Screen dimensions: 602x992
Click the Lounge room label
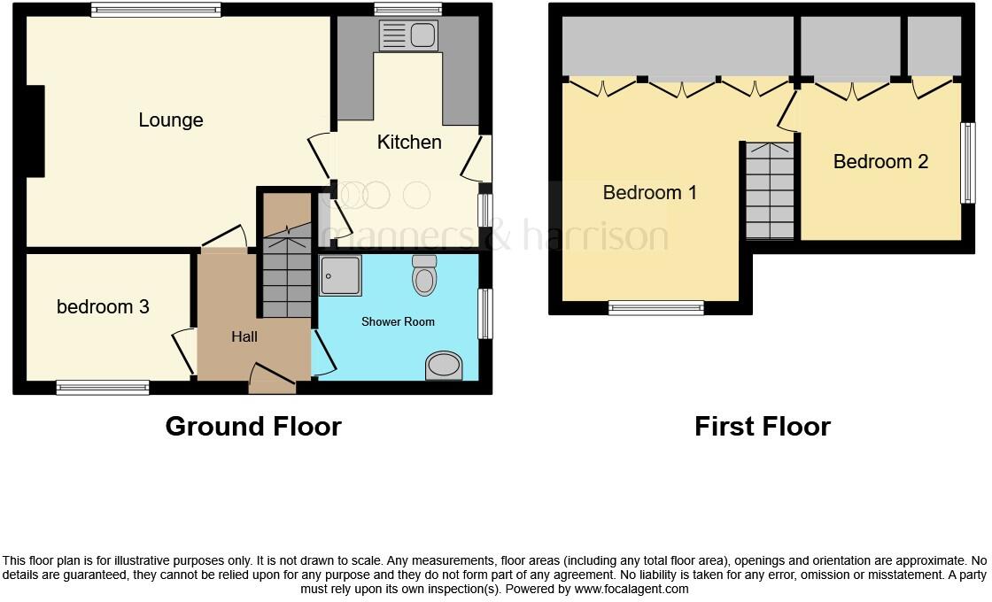point(171,120)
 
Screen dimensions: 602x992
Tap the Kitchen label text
point(409,142)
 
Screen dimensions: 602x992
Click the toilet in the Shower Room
point(425,275)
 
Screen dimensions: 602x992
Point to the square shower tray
point(341,274)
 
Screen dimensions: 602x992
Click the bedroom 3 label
point(103,307)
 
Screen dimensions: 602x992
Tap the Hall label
point(244,336)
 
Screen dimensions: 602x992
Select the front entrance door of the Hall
point(271,380)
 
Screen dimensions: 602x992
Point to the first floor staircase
point(770,192)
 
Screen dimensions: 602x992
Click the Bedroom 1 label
point(650,192)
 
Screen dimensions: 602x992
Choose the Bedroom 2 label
point(880,162)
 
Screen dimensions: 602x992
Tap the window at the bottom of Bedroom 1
point(656,308)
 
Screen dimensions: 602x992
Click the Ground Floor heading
point(253,427)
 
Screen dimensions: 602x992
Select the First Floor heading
point(763,427)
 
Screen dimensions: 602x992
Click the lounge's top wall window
point(156,11)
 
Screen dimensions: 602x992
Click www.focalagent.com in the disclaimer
point(631,589)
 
